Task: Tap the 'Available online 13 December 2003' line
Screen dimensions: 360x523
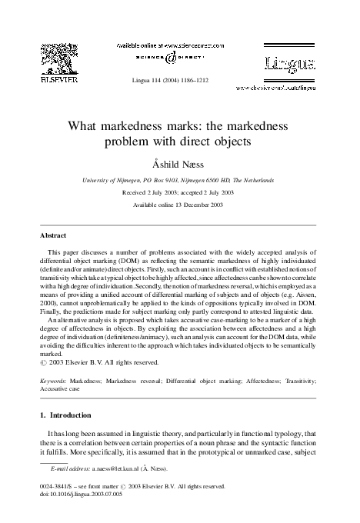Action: tap(179, 205)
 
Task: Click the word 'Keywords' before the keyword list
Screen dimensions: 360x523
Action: tap(52, 380)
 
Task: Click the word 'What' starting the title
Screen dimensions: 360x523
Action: tap(88, 125)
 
